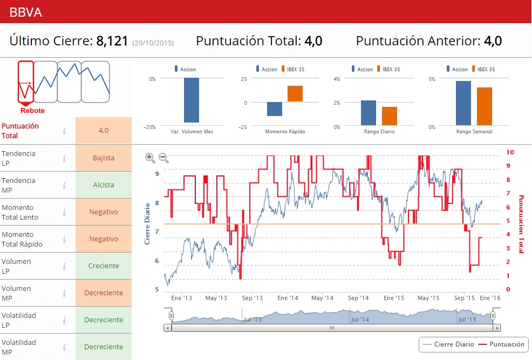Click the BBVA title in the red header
click(25, 11)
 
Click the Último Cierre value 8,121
click(113, 41)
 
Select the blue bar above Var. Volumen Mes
click(192, 100)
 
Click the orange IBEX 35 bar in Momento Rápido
click(295, 94)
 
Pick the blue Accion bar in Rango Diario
click(369, 113)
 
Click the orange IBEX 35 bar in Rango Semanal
click(485, 106)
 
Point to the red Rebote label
click(32, 111)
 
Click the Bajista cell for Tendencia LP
click(104, 158)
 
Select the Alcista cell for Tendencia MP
click(104, 185)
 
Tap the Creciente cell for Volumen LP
click(104, 266)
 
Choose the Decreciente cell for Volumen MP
click(104, 293)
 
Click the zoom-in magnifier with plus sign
click(150, 158)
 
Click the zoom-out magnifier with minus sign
click(163, 158)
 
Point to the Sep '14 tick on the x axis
click(358, 298)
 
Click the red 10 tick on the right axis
click(510, 153)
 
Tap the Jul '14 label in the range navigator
click(360, 320)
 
